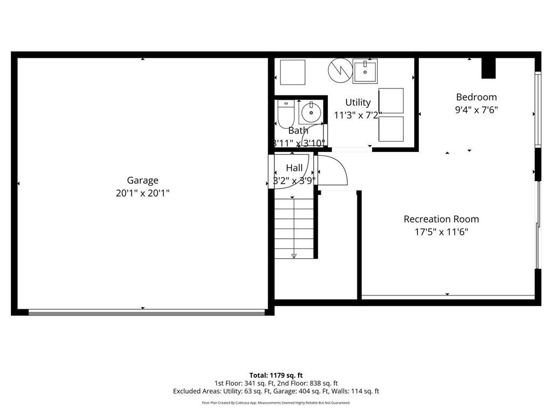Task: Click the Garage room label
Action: click(x=142, y=181)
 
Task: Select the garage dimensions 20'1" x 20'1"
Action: click(x=142, y=193)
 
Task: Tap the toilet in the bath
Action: click(x=285, y=113)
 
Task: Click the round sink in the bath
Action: click(x=311, y=113)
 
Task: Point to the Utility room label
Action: click(x=358, y=102)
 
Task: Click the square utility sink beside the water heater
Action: click(x=365, y=71)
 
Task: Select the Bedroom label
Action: click(x=476, y=97)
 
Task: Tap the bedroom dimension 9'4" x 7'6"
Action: click(x=476, y=110)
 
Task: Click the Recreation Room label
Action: click(x=441, y=219)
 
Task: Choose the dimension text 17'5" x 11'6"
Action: click(x=441, y=232)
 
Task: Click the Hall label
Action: click(x=294, y=168)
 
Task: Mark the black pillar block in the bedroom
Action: click(x=488, y=68)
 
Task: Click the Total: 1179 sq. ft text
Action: click(x=276, y=375)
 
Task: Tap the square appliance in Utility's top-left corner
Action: click(x=292, y=72)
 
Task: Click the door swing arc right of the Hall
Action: click(x=334, y=170)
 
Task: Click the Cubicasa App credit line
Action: click(x=276, y=403)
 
